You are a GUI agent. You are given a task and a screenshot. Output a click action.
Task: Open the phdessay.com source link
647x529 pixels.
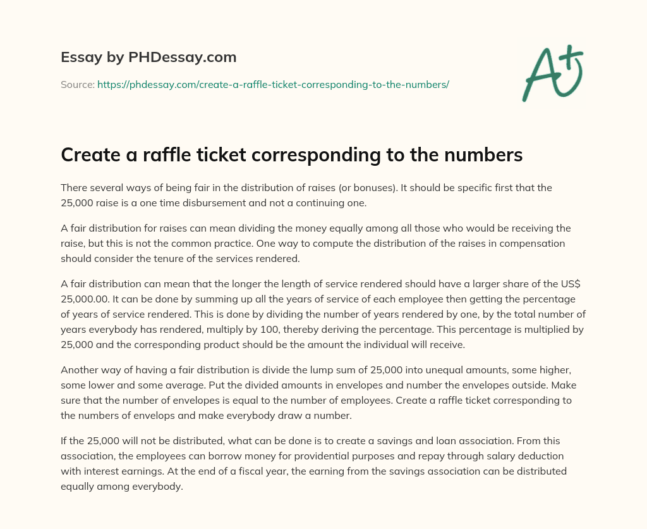[273, 84]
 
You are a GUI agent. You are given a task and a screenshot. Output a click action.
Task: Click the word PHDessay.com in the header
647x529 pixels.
[183, 58]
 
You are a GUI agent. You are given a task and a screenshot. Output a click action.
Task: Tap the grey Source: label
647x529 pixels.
[78, 84]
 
